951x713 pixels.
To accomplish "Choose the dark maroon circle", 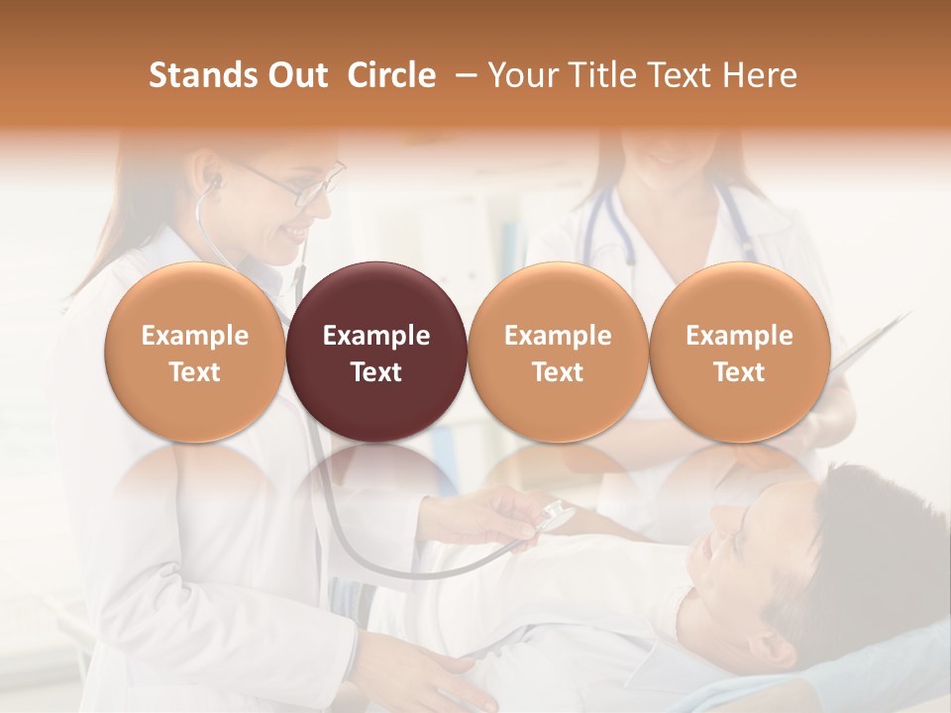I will click(x=376, y=352).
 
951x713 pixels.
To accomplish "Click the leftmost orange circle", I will click(x=195, y=352).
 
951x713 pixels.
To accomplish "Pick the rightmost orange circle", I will click(x=739, y=352).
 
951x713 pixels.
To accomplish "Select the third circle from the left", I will click(x=558, y=352).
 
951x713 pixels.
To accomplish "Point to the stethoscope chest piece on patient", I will click(x=556, y=516).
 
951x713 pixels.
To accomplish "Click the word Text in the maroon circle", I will click(x=376, y=372).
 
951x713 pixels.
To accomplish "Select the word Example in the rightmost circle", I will click(x=739, y=336).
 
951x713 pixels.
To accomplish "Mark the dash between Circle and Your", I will click(x=462, y=75).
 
